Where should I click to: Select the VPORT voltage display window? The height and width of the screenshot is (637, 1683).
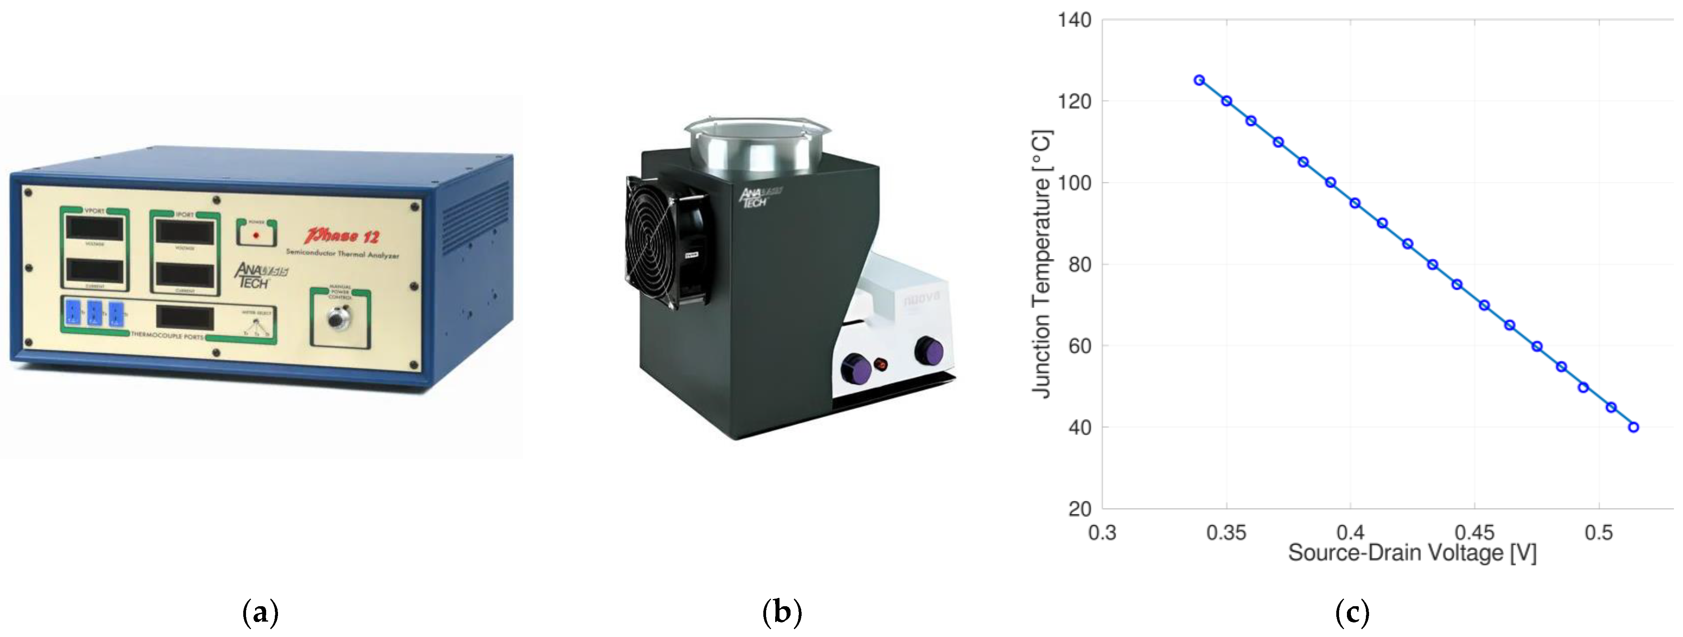click(x=95, y=229)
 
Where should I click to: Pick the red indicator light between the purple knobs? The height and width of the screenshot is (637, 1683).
click(x=881, y=364)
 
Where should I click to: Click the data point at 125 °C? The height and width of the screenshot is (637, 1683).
click(x=1199, y=80)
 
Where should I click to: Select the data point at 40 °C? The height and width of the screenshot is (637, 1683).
click(x=1633, y=427)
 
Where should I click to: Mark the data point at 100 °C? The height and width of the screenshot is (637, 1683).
click(x=1330, y=182)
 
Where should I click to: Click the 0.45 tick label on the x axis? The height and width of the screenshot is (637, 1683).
click(x=1475, y=532)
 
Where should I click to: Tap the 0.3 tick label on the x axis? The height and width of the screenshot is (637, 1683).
click(x=1102, y=532)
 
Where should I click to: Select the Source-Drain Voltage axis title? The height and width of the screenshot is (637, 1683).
click(x=1412, y=553)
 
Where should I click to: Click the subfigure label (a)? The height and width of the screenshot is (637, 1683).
click(x=260, y=613)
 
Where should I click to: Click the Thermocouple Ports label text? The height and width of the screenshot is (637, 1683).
click(x=167, y=336)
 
